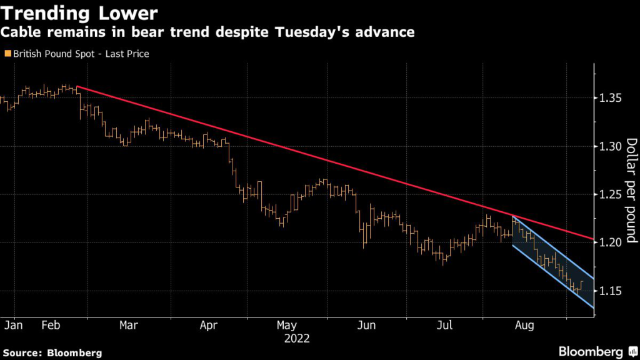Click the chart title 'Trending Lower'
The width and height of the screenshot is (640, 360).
(x=79, y=12)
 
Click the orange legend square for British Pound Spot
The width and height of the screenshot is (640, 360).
(x=7, y=54)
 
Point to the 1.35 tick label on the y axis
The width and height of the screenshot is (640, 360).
(x=608, y=98)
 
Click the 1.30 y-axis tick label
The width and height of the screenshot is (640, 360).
(x=608, y=146)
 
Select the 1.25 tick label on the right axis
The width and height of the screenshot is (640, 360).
(x=608, y=194)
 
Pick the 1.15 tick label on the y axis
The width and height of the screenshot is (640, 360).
(x=608, y=291)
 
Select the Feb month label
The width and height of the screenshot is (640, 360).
(x=52, y=326)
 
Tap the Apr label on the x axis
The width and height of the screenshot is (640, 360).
(x=209, y=326)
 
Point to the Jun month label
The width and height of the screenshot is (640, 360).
(x=367, y=326)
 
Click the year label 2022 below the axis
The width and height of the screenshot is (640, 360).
(x=297, y=339)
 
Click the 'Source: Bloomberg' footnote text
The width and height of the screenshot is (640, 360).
(x=51, y=352)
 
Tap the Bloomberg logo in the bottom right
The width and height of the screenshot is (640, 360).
(x=591, y=352)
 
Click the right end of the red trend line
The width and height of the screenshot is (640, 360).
(x=593, y=239)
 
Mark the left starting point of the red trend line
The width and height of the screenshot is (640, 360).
(x=76, y=87)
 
